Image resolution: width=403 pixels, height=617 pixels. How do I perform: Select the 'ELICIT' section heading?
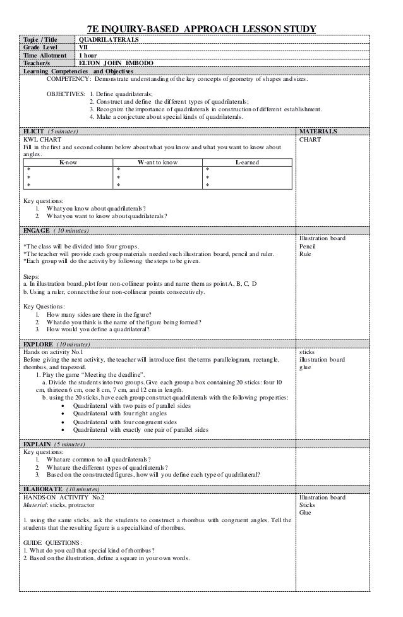tap(37, 131)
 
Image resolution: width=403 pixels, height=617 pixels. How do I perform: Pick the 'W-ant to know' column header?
tap(158, 162)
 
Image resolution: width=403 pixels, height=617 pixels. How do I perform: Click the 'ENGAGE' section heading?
tap(38, 230)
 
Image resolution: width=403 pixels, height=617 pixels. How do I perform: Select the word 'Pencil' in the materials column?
tap(308, 246)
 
